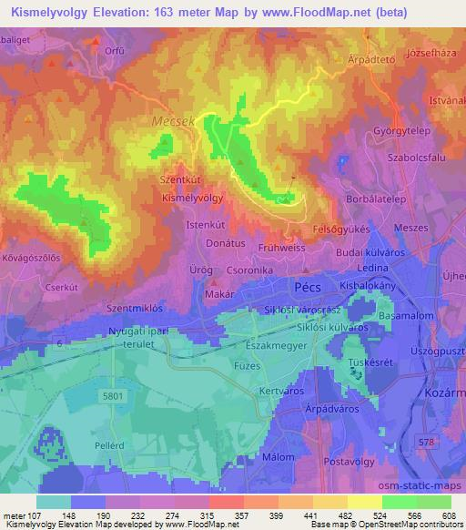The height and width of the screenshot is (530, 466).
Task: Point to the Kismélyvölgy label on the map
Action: coord(191,196)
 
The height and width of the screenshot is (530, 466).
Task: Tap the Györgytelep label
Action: coord(400,130)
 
